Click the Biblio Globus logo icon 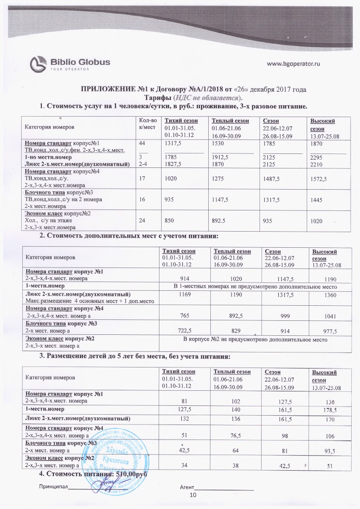pyautogui.click(x=39, y=64)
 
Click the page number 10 pyautogui.click(x=194, y=496)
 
